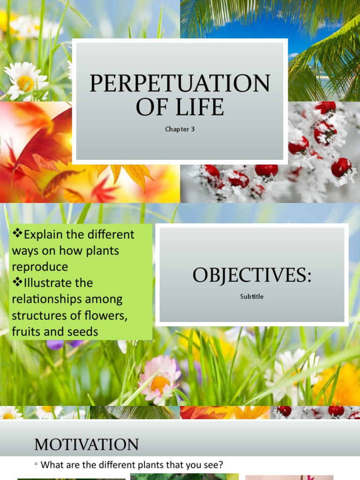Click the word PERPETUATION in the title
click(x=180, y=83)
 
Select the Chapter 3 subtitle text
click(x=180, y=129)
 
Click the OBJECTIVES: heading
click(x=252, y=276)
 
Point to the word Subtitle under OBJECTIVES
click(x=252, y=296)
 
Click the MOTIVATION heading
click(x=86, y=444)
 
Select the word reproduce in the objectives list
click(x=40, y=267)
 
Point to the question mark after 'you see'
click(x=221, y=465)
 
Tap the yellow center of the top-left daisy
click(x=26, y=83)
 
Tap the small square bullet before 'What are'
click(x=36, y=464)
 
